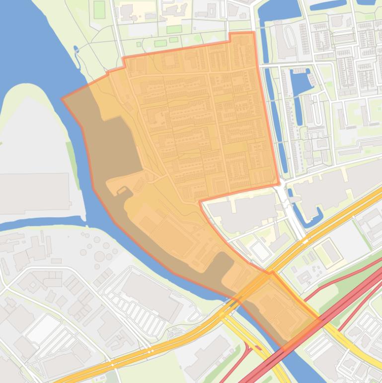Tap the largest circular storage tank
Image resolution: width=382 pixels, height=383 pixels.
100,256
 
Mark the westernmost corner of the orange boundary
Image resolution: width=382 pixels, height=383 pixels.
62,99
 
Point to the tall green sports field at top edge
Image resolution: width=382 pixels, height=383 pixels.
99,9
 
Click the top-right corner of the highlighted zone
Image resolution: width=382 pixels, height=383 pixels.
254,33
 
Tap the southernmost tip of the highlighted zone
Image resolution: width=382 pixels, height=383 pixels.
286,345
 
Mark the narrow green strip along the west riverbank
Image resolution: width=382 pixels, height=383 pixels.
73,159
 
